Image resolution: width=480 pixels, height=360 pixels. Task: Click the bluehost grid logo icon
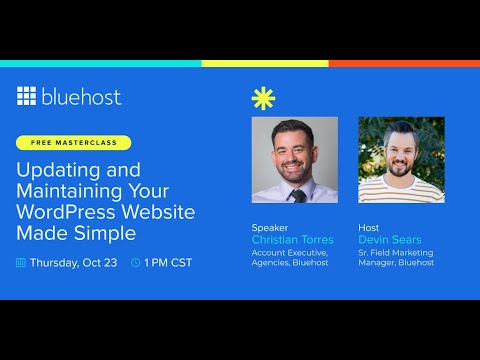[27, 96]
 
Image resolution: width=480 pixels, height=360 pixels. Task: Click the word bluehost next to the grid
[81, 97]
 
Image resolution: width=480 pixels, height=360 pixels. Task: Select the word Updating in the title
[51, 169]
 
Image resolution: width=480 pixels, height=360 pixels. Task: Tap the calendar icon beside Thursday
[21, 263]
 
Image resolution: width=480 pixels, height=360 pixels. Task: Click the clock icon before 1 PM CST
[135, 263]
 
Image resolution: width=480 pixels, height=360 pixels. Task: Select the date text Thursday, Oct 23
[74, 263]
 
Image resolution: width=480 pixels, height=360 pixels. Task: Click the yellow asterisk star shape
[264, 100]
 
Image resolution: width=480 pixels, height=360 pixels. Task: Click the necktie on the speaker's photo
[298, 194]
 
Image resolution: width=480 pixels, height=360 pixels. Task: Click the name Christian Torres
[292, 240]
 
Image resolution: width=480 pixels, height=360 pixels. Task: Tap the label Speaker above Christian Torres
[269, 228]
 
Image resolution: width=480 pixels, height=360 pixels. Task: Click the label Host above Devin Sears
[368, 228]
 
